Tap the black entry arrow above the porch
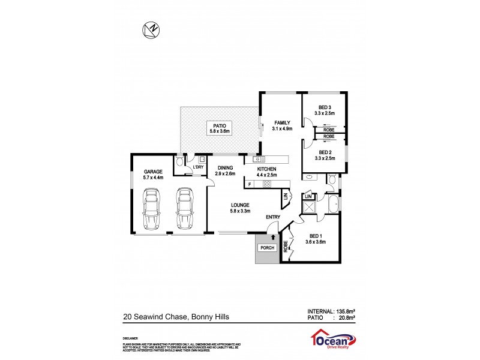tap(273, 236)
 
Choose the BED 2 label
tap(325, 152)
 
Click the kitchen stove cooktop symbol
tap(266, 184)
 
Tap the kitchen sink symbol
tap(259, 160)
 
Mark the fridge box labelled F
tap(248, 184)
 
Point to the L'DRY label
tap(198, 167)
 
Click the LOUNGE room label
tap(240, 205)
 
